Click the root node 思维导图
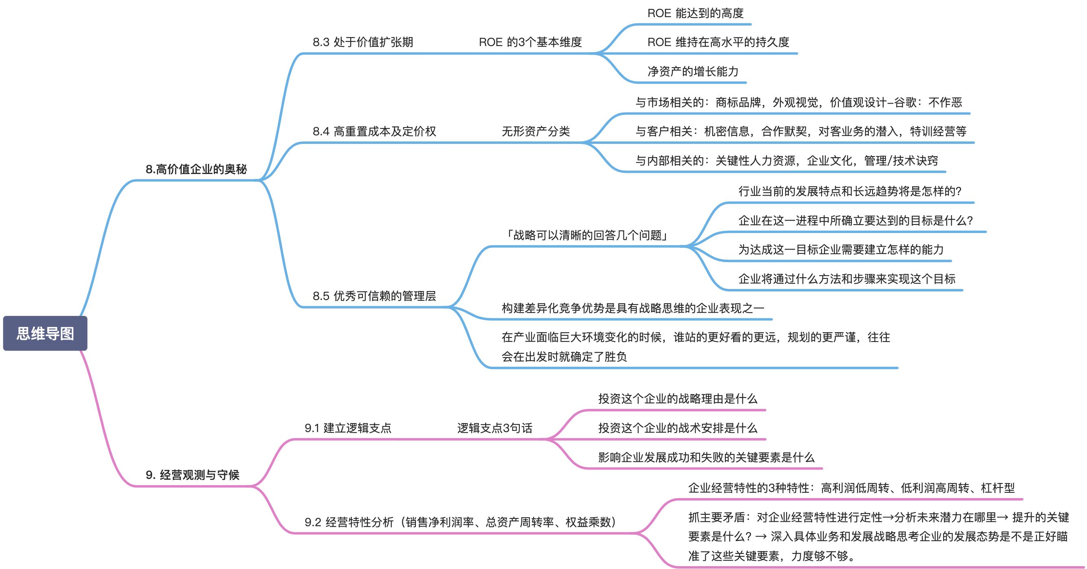[x=45, y=333]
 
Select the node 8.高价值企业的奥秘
[x=196, y=169]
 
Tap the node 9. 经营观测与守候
[x=192, y=475]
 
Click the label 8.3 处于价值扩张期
[x=363, y=42]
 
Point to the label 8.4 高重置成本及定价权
[x=374, y=132]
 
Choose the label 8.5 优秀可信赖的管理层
[x=374, y=296]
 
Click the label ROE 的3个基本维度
[x=530, y=42]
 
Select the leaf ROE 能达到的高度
[x=696, y=13]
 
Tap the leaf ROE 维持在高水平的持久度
[x=718, y=42]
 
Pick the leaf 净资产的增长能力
[x=693, y=71]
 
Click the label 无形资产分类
[x=535, y=132]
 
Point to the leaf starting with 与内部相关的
[x=787, y=161]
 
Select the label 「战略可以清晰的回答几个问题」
[x=586, y=235]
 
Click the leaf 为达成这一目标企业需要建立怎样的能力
[x=841, y=250]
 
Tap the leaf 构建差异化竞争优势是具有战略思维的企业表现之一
[x=632, y=308]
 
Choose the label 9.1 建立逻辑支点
[x=348, y=428]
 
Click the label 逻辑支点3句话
[x=495, y=428]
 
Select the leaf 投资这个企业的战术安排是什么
[x=678, y=428]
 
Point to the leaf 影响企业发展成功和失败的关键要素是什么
[x=706, y=457]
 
